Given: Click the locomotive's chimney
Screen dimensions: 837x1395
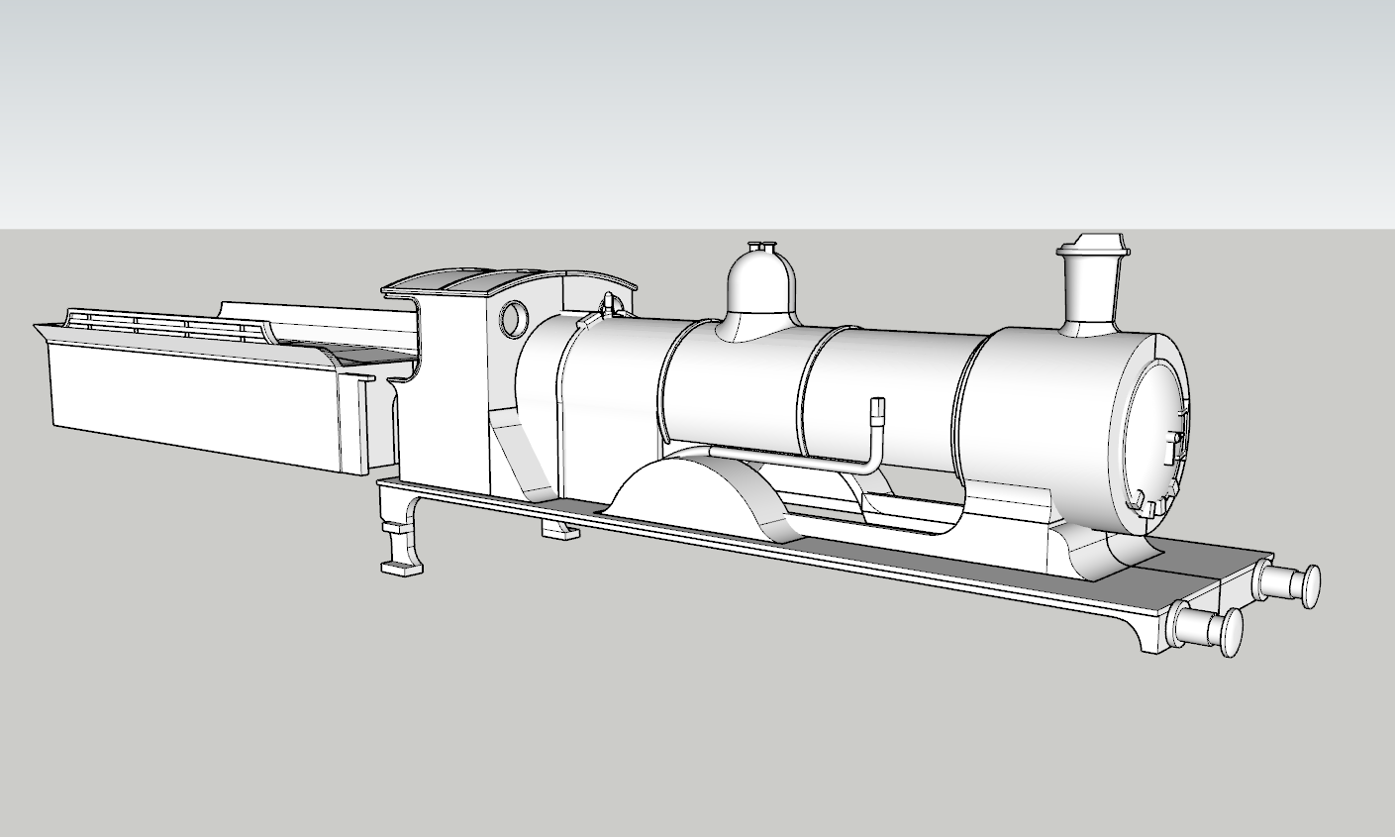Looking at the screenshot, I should tap(1090, 292).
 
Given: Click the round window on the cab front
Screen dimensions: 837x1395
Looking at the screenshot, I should tap(515, 319).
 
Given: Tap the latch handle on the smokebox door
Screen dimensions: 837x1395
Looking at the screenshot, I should tap(1178, 445).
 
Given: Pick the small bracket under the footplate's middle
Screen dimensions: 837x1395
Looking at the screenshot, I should tap(559, 531).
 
